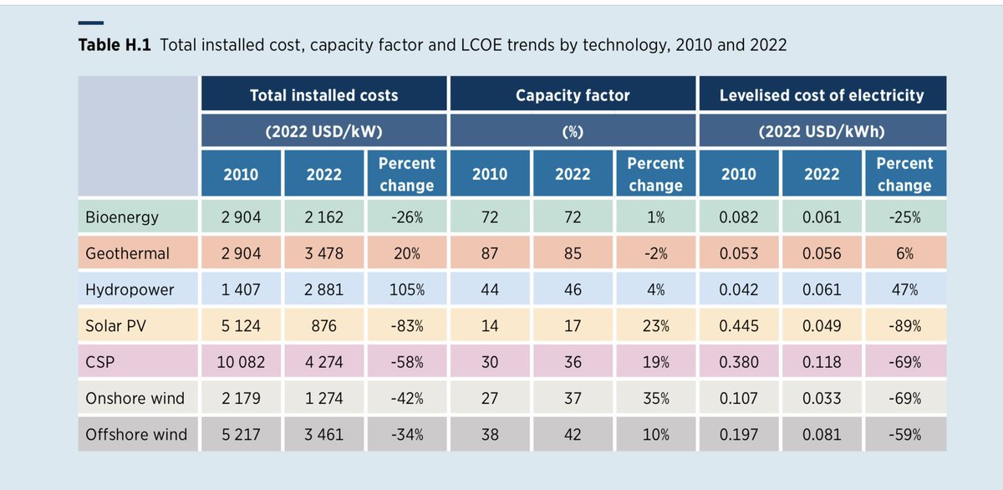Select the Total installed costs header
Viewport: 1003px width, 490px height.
coord(324,94)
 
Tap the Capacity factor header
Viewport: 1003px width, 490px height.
coord(573,94)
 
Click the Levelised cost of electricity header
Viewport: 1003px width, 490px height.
coord(822,94)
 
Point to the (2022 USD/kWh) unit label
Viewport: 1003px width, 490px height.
coord(822,131)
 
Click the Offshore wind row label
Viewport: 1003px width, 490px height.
coord(136,435)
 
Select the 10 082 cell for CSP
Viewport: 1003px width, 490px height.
coord(241,362)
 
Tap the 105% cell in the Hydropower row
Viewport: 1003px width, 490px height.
coord(407,290)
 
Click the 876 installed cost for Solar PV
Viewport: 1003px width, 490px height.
coord(324,326)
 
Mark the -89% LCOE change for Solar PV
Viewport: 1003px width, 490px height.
coord(904,326)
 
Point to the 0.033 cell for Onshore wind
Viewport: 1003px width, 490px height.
coord(821,399)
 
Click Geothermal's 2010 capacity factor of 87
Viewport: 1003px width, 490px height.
coord(490,253)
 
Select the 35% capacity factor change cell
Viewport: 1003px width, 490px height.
coord(655,399)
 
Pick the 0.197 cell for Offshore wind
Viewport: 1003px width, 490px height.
coord(738,435)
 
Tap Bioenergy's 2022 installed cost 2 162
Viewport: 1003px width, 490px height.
coord(324,217)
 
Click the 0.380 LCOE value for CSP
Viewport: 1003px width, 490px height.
coord(738,362)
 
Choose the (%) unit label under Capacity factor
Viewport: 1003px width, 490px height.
coord(573,131)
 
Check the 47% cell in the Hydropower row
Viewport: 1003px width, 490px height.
coord(904,290)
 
